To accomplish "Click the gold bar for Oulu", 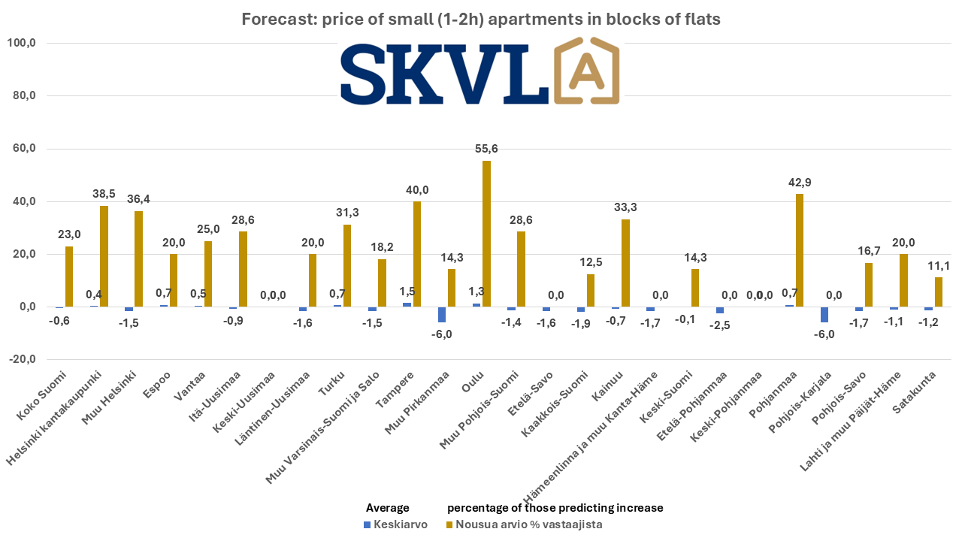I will coord(486,234).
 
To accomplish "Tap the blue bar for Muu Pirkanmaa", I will coord(442,315).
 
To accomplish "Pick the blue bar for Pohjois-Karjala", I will coord(824,315).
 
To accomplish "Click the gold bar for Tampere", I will coord(417,254).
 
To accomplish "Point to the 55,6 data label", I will coord(486,149).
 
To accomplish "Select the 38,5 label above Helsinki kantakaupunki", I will coord(104,194).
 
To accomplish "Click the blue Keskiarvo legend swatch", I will coord(368,524).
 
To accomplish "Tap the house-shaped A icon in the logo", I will coord(587,74).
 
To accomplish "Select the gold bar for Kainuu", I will coord(625,263).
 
